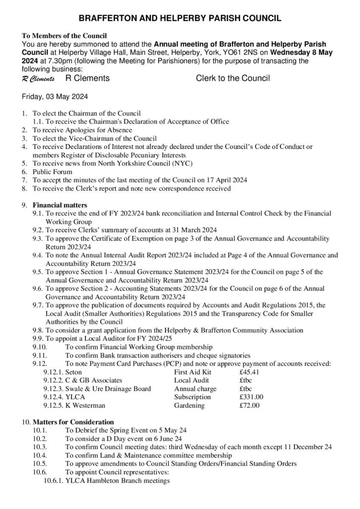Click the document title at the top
(180, 18)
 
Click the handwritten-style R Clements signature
(38, 79)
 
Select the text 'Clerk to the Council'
(233, 78)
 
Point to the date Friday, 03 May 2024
(55, 97)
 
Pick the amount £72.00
(250, 406)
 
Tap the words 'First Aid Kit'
(193, 372)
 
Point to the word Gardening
(189, 406)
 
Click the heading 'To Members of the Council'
(64, 36)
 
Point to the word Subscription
(192, 397)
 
